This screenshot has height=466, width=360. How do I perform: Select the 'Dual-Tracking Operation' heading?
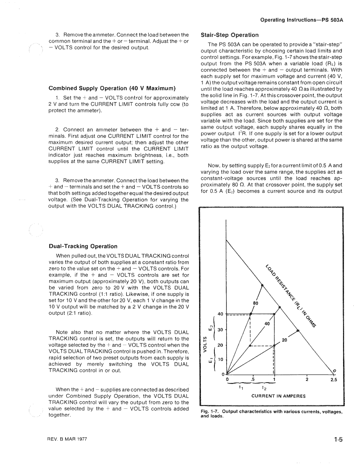click(83, 247)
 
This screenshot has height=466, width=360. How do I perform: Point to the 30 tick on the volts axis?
click(220, 330)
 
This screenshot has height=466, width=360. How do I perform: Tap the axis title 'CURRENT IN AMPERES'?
click(278, 396)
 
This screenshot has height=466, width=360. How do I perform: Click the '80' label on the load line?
click(256, 304)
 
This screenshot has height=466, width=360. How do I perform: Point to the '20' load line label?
click(284, 340)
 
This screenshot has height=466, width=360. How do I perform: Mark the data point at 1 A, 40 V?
click(274, 314)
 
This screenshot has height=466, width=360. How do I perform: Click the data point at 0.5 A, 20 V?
click(250, 345)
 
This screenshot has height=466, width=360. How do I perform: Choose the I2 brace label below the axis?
click(263, 388)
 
